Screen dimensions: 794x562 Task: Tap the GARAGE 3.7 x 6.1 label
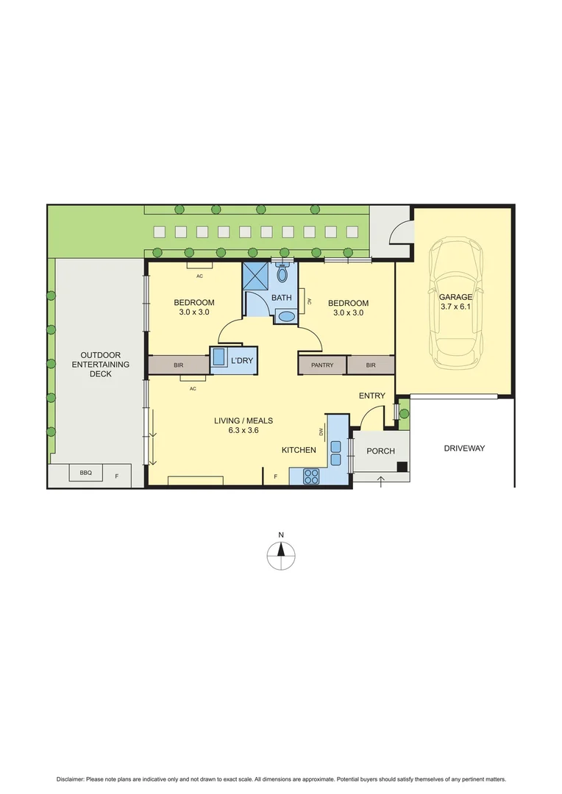(455, 302)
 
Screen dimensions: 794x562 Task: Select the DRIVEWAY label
(464, 448)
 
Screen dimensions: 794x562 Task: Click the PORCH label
(380, 451)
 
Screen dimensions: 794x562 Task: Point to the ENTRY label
(371, 396)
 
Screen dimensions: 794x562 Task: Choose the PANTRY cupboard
(322, 365)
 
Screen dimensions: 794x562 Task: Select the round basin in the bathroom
(285, 317)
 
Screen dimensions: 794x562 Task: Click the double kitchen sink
(335, 453)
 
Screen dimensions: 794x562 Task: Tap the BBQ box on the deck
(86, 473)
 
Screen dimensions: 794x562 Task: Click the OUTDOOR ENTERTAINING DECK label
(105, 364)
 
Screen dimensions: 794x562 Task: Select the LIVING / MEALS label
(243, 426)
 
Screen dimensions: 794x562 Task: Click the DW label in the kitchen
(321, 432)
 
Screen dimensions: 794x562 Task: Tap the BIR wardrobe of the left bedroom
(178, 365)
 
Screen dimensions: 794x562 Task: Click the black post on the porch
(402, 467)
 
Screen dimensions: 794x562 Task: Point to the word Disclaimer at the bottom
(71, 779)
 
